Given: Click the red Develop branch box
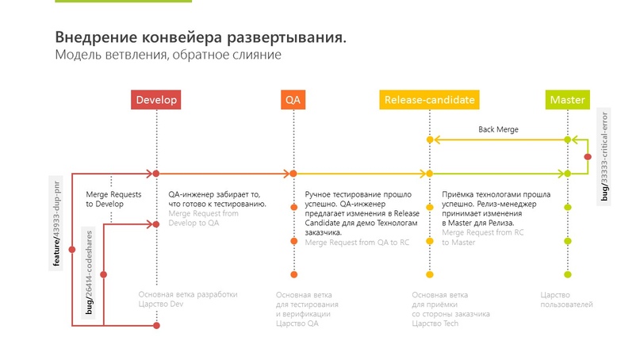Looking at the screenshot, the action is (x=156, y=101).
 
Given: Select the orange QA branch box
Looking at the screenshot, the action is (x=293, y=101).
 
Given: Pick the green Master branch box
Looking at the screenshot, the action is (x=567, y=101).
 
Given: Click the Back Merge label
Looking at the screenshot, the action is (x=498, y=128).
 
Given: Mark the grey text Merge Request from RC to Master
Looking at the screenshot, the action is (x=481, y=238).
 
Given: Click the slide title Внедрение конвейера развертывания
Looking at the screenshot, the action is (x=201, y=38).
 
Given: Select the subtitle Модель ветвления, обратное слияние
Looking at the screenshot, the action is (x=168, y=56).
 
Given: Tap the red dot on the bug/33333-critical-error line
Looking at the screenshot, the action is (x=588, y=157).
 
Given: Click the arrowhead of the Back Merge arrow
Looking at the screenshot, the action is (x=435, y=140).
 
